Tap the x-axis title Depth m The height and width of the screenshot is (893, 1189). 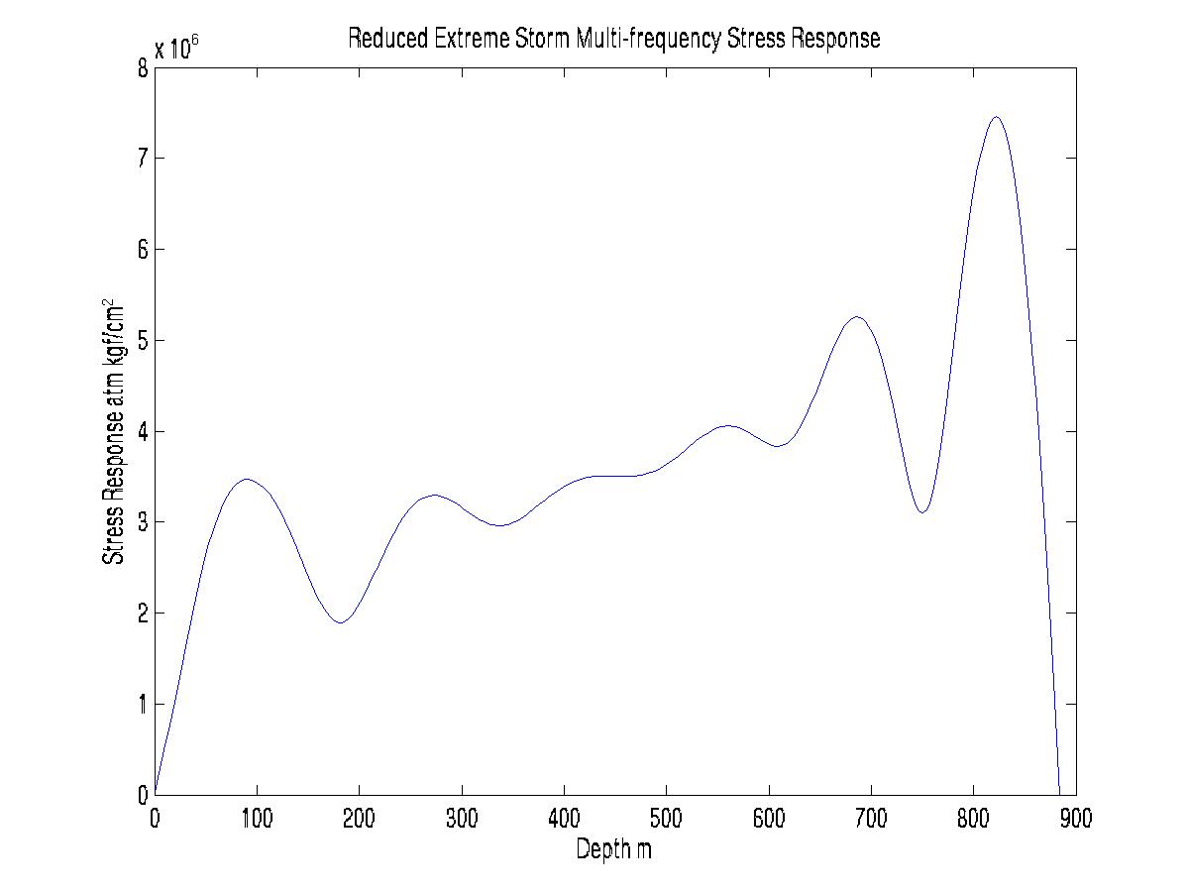click(614, 849)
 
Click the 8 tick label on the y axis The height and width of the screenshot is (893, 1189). click(143, 67)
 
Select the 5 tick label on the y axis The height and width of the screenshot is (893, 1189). click(143, 340)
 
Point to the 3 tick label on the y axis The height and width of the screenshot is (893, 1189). click(143, 522)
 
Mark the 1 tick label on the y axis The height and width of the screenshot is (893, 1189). click(143, 704)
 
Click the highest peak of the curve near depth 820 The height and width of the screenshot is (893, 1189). click(996, 117)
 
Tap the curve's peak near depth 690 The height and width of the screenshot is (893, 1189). click(857, 317)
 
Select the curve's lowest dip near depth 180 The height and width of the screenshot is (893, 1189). click(341, 622)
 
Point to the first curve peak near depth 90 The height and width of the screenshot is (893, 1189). click(247, 479)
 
